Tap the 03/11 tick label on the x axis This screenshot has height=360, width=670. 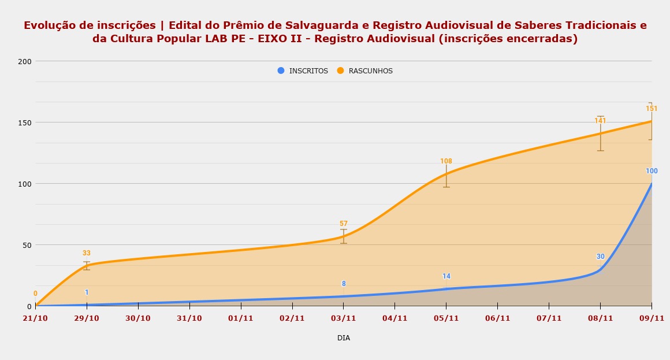point(344,318)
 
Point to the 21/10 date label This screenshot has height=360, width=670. point(35,318)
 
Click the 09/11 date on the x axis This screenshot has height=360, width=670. point(652,318)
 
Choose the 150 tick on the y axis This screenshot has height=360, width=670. point(25,123)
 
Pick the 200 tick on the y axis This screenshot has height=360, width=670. point(25,61)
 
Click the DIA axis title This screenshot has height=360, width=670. point(344,338)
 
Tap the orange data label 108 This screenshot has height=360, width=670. point(446,162)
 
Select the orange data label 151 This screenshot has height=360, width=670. point(652,109)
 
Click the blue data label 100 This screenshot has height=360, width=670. point(652,172)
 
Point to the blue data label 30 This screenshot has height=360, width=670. point(601,257)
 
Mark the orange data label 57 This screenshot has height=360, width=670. point(344,224)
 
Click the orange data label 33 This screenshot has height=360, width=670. point(87,254)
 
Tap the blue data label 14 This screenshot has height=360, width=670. point(446,277)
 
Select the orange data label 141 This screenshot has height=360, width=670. point(600,121)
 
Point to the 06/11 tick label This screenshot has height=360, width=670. point(497,318)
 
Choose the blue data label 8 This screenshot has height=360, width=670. point(344,284)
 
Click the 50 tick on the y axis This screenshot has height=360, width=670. point(27,245)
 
